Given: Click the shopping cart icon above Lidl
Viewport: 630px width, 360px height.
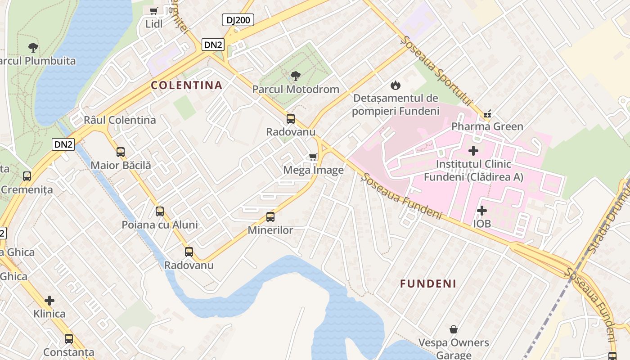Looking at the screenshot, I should tap(154, 11).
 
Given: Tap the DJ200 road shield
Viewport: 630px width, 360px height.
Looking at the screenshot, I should tap(238, 20).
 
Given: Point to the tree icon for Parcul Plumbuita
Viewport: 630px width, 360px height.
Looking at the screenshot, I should tap(33, 47).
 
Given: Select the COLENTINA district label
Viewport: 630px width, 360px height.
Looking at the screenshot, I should tap(187, 85).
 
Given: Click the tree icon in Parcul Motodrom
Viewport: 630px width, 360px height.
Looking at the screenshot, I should tap(296, 76).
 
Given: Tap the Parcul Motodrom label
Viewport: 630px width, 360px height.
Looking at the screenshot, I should tap(296, 89).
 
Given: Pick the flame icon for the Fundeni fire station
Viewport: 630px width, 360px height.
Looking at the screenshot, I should tap(395, 85).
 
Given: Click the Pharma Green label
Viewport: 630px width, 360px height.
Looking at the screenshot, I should tap(487, 126).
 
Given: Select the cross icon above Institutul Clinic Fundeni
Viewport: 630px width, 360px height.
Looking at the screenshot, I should tap(473, 151).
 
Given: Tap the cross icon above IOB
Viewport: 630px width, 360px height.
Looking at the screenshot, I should tap(481, 211).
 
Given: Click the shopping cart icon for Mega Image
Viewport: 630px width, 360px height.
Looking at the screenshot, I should tap(313, 157).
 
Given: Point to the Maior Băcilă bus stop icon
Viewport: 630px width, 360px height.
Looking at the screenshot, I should tap(121, 152).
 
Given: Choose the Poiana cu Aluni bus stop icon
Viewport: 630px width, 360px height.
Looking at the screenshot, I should tap(160, 211).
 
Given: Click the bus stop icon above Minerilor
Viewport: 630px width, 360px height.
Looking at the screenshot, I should tap(270, 217).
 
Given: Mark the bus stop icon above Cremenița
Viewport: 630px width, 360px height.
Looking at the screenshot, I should tap(27, 176).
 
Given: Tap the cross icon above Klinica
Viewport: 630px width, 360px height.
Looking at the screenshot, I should tap(49, 300).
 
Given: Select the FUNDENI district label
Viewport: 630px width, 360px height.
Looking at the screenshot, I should tap(428, 283).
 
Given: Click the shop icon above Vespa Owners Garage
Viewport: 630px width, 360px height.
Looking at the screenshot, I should tap(454, 329).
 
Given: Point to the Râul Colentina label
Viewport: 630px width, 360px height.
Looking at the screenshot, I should tap(120, 120).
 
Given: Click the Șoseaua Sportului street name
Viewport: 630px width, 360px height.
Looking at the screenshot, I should tap(437, 72).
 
